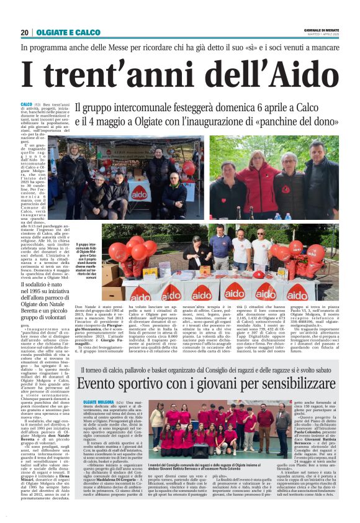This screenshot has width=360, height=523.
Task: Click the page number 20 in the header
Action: pyautogui.click(x=24, y=32)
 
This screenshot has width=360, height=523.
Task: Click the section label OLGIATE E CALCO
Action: pyautogui.click(x=68, y=32)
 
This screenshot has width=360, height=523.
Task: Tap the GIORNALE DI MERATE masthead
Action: pyautogui.click(x=322, y=30)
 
